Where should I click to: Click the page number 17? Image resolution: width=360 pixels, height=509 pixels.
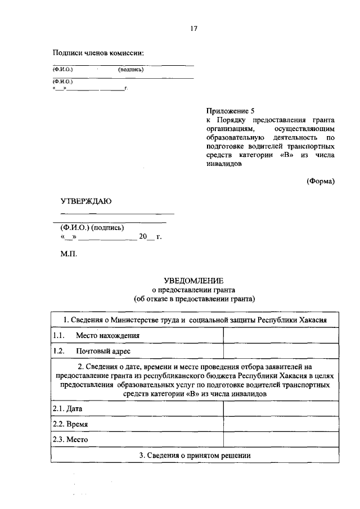(x=193, y=28)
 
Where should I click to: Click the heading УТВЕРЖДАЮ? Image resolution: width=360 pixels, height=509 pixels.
(x=86, y=201)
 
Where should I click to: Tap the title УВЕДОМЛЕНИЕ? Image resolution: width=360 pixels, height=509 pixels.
(x=193, y=280)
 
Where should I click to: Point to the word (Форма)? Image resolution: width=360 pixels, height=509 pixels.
(x=321, y=181)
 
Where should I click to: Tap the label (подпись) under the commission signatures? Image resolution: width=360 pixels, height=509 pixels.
(x=131, y=70)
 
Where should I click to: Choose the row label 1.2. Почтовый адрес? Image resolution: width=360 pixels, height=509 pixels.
(x=92, y=351)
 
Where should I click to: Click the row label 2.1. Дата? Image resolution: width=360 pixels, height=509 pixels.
(x=63, y=409)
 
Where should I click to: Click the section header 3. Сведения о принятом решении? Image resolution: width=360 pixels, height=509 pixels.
(x=194, y=454)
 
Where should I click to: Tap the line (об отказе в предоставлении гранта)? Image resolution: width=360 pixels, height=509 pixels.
(x=193, y=299)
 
